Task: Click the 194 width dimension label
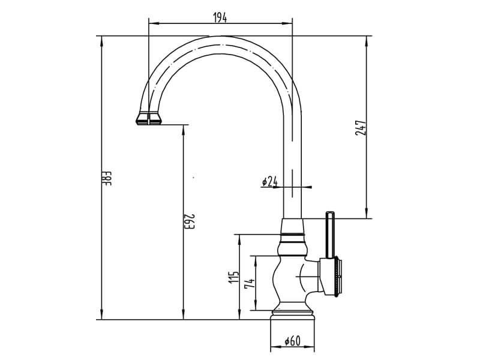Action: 220,18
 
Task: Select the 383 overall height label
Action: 107,178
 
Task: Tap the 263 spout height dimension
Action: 190,221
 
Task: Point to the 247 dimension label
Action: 361,128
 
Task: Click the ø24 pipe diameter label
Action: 269,182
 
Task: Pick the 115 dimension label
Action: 233,277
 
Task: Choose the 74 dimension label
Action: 249,283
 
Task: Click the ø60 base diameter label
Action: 293,341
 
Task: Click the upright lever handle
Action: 329,235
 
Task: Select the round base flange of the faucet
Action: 292,316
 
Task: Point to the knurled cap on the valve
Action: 338,277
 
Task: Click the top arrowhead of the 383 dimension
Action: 101,41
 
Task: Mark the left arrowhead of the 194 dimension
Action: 154,23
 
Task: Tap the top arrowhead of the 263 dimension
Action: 184,130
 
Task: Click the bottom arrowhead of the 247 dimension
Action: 367,214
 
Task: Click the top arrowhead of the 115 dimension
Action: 239,239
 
